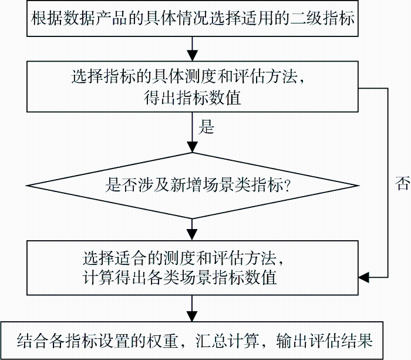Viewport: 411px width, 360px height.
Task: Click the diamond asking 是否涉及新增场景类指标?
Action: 193,186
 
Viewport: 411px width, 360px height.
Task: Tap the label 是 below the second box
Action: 207,127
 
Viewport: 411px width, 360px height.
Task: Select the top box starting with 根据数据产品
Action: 193,18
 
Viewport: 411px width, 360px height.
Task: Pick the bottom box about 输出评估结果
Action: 193,341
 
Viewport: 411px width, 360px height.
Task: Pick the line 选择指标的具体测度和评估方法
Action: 188,77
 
